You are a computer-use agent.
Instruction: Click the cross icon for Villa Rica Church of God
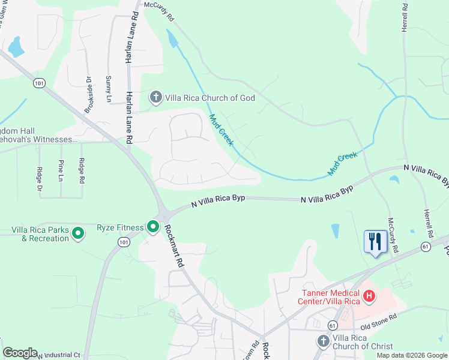point(155,97)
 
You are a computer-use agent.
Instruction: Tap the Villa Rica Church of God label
point(209,98)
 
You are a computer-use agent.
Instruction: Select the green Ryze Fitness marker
point(153,227)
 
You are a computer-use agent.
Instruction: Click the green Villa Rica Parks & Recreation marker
point(77,233)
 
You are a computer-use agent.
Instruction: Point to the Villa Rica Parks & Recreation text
point(41,234)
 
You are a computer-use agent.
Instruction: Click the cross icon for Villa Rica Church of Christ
point(322,341)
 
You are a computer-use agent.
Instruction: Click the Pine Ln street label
point(61,170)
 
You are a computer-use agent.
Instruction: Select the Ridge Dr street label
point(40,179)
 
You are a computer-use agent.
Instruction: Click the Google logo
point(20,353)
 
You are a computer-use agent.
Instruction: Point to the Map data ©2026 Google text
point(411,355)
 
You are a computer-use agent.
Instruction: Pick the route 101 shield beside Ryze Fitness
point(124,242)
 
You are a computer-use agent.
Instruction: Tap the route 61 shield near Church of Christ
point(333,325)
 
